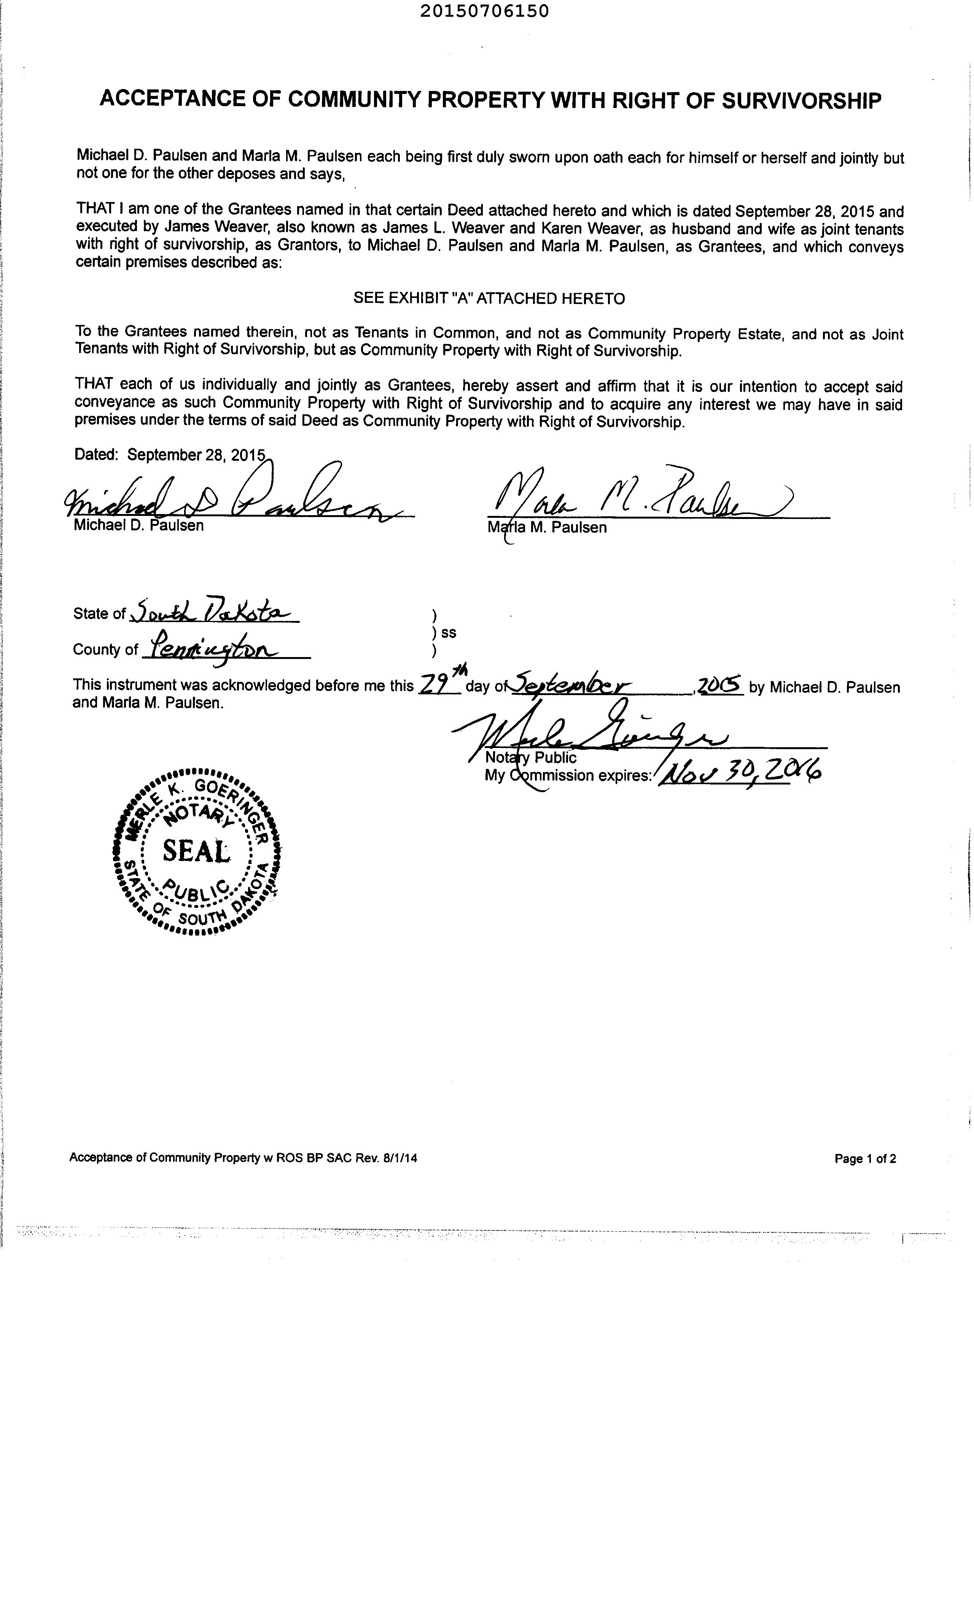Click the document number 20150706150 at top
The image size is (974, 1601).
[x=484, y=11]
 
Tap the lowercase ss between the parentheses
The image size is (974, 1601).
[x=448, y=632]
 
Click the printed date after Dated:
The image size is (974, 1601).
[x=196, y=454]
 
